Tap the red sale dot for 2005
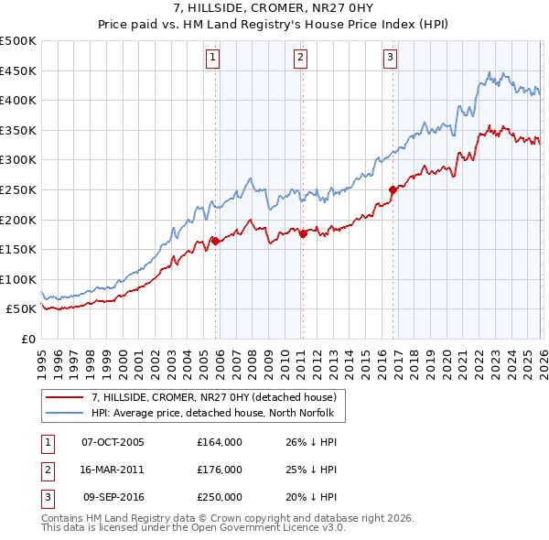[x=216, y=241]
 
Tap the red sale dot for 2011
[x=303, y=233]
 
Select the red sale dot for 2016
[x=393, y=189]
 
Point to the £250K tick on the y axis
[x=19, y=189]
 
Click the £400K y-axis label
[x=19, y=100]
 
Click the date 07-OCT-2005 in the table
[x=113, y=442]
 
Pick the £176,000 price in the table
[x=220, y=470]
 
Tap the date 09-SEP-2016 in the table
[x=113, y=497]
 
